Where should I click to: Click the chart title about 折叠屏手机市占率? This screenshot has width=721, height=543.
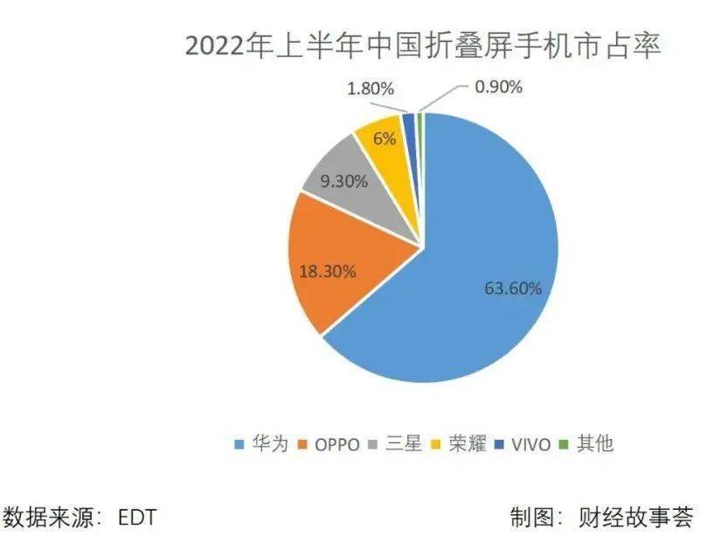[424, 45]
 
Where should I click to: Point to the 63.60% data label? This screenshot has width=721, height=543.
[513, 288]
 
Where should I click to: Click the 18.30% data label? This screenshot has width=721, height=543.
[327, 271]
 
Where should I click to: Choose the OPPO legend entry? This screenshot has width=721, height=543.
[329, 444]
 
